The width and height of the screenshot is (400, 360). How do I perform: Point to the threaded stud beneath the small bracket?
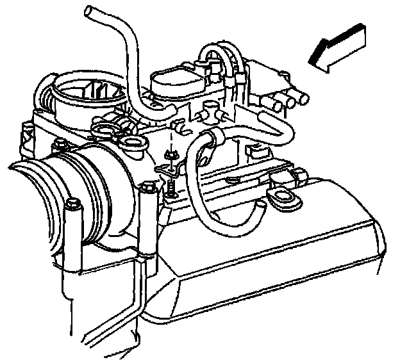(172, 188)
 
